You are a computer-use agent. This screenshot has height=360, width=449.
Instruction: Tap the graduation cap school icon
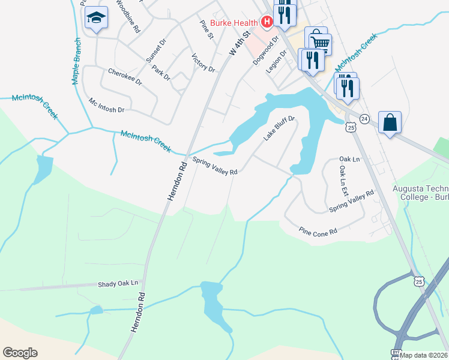(x=95, y=19)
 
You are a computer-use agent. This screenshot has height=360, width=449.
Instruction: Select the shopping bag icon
(x=390, y=122)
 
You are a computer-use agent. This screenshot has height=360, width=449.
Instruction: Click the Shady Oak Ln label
(x=118, y=283)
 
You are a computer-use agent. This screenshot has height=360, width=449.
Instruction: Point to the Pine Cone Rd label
(x=318, y=232)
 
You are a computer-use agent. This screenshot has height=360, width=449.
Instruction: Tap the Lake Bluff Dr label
(x=279, y=128)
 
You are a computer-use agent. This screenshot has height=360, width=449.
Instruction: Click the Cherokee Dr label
(x=125, y=76)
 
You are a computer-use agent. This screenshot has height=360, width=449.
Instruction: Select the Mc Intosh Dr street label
(x=106, y=106)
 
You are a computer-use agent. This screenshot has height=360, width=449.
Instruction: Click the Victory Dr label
(x=203, y=62)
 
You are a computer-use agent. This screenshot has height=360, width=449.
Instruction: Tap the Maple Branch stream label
(x=77, y=61)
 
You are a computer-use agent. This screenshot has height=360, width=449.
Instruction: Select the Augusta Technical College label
(x=420, y=192)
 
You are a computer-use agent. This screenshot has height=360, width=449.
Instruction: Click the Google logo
(x=20, y=353)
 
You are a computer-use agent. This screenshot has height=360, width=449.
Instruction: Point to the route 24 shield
(x=365, y=119)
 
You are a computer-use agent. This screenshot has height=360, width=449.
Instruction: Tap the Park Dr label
(x=161, y=73)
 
